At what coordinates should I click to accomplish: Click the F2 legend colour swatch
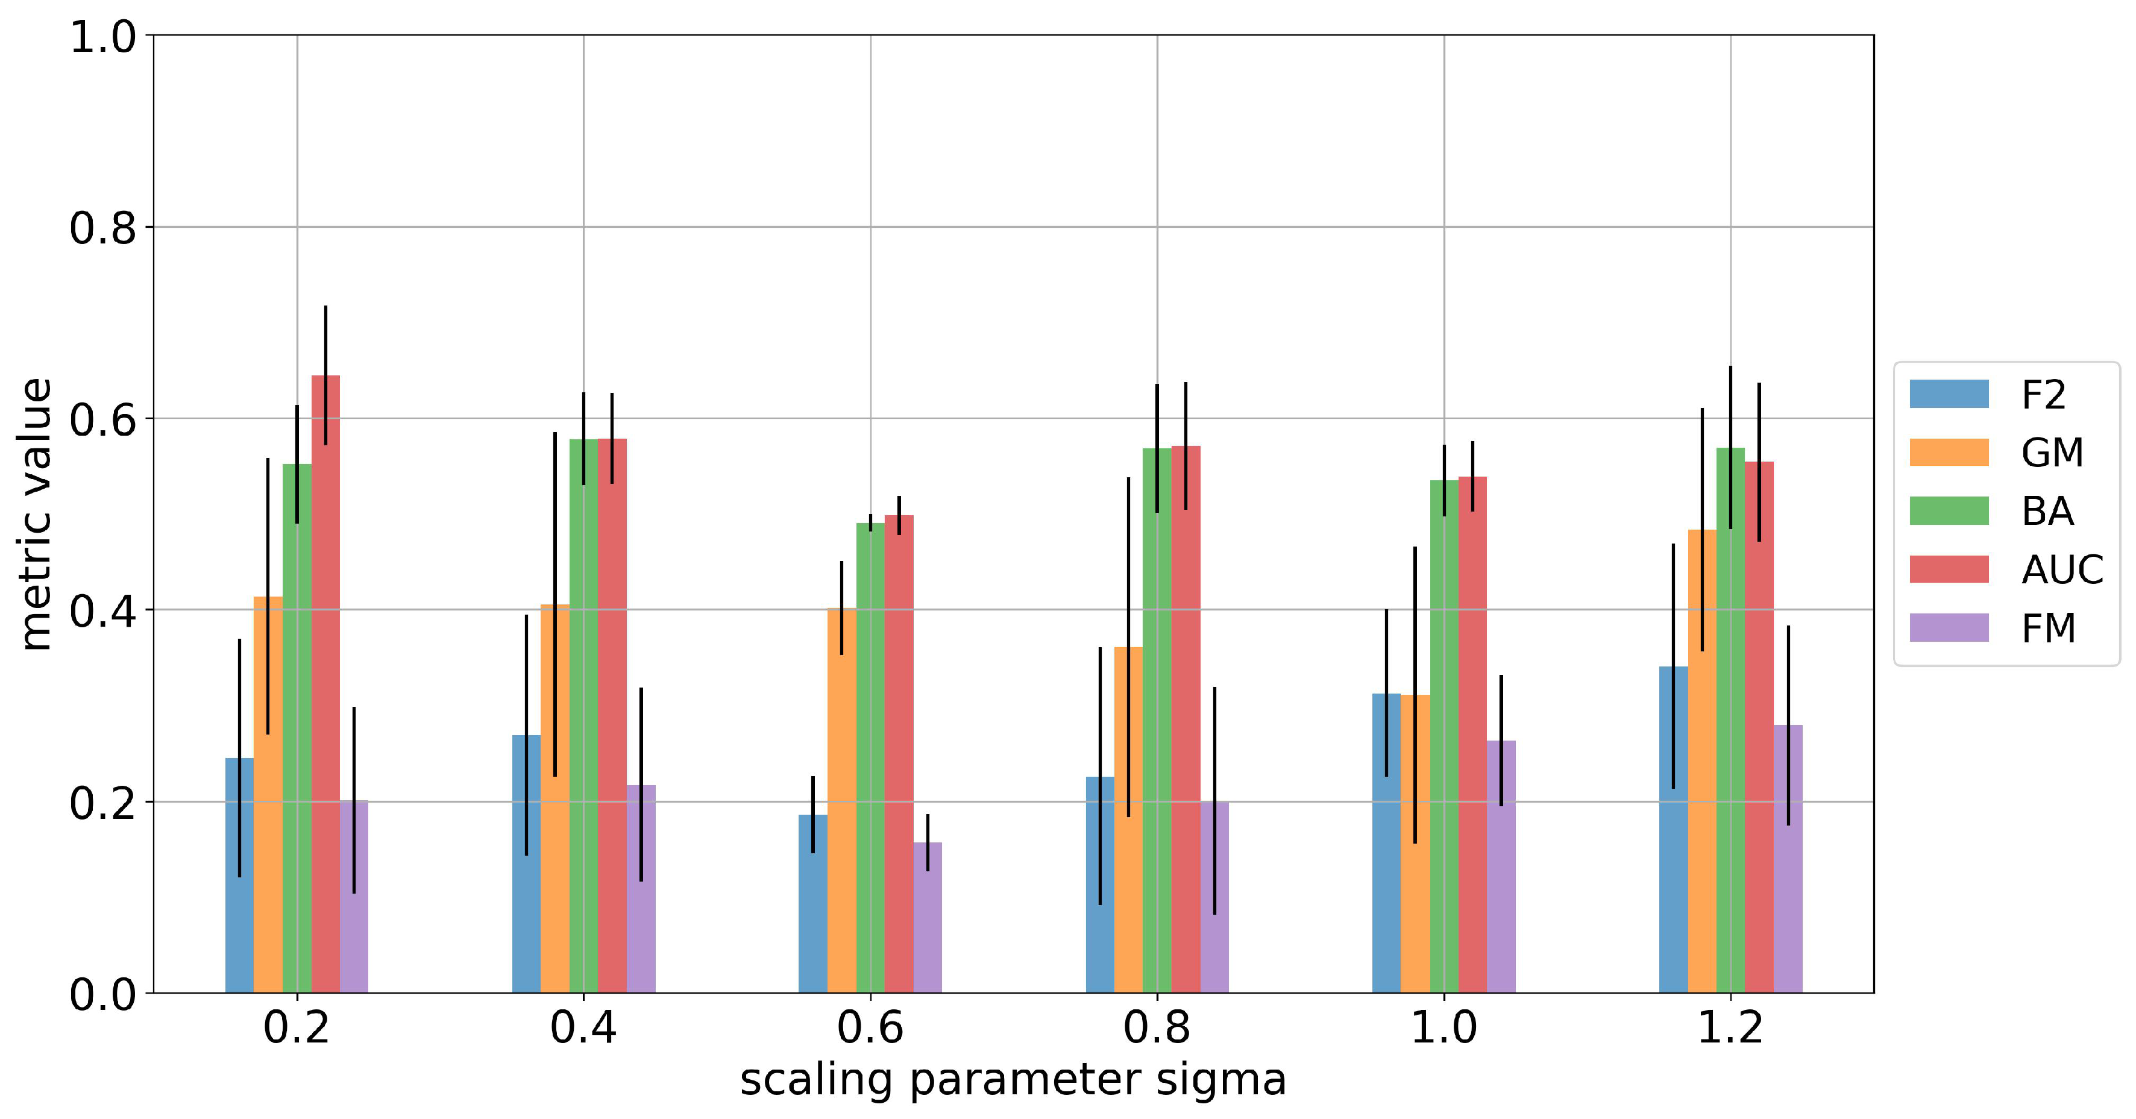(1949, 393)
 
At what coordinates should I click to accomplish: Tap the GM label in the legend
(2052, 453)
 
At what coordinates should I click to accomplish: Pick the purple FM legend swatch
(1949, 627)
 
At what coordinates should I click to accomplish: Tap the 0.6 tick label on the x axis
(870, 1028)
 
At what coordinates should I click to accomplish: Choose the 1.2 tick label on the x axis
(1730, 1028)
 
